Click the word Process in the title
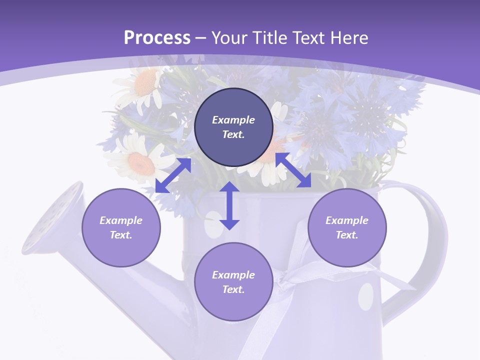click(157, 38)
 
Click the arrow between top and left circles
click(173, 175)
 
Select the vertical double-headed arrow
click(229, 205)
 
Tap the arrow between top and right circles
click(293, 170)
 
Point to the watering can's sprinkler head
click(52, 217)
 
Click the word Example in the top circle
click(233, 120)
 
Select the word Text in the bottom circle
click(233, 289)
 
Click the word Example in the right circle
click(346, 220)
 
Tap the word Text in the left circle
click(121, 235)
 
